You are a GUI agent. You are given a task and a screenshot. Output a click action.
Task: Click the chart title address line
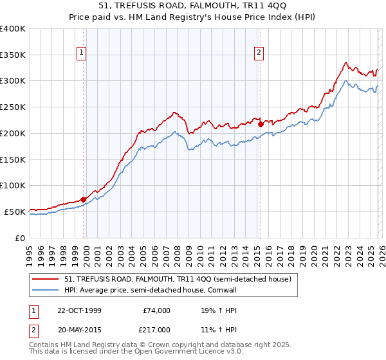[x=192, y=6]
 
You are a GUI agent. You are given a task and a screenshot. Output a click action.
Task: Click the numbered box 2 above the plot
[x=259, y=53]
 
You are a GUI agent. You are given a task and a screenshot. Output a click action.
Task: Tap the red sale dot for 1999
[x=84, y=199]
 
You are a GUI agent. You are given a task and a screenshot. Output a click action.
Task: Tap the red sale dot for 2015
[x=261, y=125]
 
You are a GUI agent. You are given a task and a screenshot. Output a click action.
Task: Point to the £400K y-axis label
[x=13, y=29]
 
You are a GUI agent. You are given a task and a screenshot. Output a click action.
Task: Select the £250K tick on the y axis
[x=13, y=107]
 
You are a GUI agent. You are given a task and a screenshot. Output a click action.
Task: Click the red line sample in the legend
[x=45, y=279]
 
